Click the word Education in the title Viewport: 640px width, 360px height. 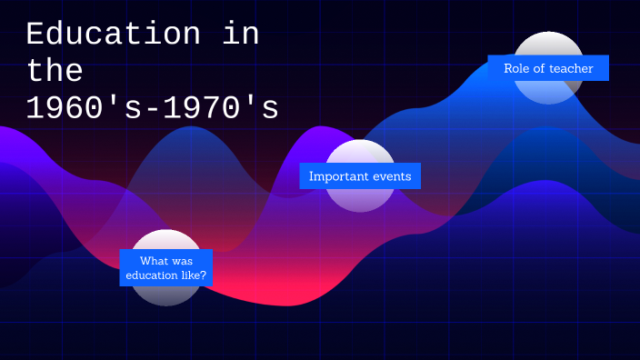[113, 35]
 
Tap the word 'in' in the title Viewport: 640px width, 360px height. [240, 35]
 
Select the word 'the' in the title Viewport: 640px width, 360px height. [55, 71]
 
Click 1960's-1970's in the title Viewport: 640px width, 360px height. [152, 108]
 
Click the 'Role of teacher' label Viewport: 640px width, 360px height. [548, 68]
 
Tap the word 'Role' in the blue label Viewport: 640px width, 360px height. [517, 68]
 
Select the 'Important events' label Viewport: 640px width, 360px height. [360, 176]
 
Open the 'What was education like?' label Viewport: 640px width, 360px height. [166, 268]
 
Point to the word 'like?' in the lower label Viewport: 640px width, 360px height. [193, 275]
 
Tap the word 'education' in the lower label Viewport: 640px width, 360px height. [151, 275]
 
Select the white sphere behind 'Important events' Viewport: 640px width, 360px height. [360, 200]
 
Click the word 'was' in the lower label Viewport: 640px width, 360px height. [182, 261]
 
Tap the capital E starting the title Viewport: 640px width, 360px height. [35, 35]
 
